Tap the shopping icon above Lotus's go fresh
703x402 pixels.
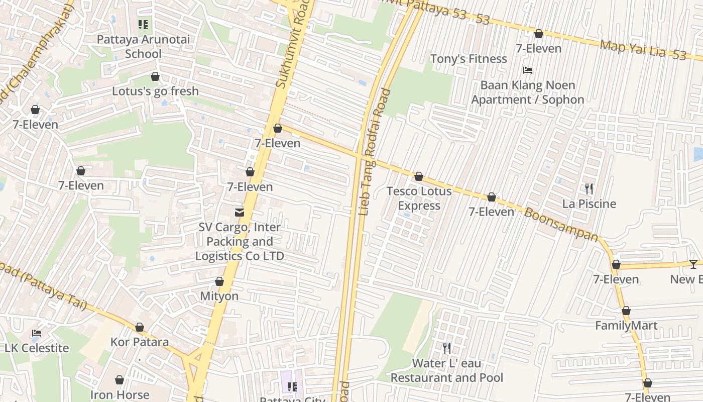point(155,77)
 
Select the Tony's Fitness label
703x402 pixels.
point(468,59)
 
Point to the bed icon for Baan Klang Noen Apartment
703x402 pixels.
point(527,70)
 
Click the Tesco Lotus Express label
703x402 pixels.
point(419,198)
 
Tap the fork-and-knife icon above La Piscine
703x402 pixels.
point(589,189)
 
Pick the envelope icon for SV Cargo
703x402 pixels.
point(240,213)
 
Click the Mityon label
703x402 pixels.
point(219,296)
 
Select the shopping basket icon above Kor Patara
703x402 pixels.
point(140,328)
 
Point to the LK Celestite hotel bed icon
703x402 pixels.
point(37,333)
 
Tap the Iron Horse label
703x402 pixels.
point(120,395)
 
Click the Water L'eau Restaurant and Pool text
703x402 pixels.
point(447,370)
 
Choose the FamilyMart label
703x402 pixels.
point(626,326)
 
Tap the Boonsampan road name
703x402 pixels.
point(561,224)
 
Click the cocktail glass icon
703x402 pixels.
point(693,264)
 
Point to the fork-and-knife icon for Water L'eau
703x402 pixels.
point(447,348)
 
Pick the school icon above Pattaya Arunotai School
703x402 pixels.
point(143,24)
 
